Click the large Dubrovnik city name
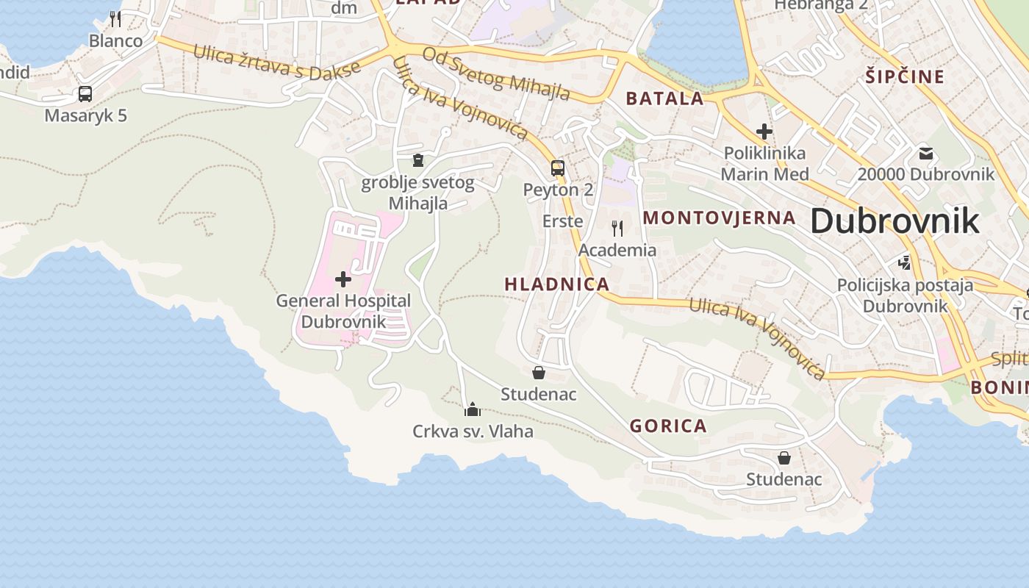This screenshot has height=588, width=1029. click(x=894, y=221)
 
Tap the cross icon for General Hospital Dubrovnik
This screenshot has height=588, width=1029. click(x=343, y=279)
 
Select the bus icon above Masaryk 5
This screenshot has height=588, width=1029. click(x=85, y=94)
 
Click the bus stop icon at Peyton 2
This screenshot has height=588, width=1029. click(x=558, y=168)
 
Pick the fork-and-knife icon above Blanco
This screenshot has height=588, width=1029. click(x=115, y=18)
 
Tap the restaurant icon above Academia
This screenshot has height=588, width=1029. click(x=617, y=229)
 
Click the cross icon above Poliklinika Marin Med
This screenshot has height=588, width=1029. click(x=764, y=132)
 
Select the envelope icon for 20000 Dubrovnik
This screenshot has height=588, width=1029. click(x=925, y=154)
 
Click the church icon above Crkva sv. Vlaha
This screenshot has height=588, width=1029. click(x=473, y=409)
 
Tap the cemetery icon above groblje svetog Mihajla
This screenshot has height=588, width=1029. click(x=418, y=159)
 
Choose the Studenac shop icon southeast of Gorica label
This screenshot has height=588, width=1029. click(x=784, y=458)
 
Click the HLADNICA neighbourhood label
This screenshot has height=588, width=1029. click(x=557, y=284)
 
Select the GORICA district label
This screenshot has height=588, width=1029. click(x=668, y=426)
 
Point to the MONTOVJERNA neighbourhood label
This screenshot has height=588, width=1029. click(x=719, y=218)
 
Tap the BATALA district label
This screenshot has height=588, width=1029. click(x=664, y=98)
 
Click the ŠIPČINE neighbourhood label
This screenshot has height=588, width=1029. click(x=904, y=76)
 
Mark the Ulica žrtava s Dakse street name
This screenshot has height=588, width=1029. click(x=277, y=65)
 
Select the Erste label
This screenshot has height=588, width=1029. click(x=562, y=221)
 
